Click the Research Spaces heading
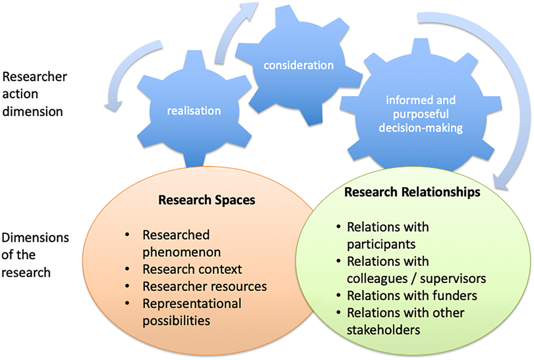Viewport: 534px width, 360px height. point(206,200)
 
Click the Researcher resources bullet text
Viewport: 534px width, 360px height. point(205,286)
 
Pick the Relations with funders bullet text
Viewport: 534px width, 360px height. point(412,295)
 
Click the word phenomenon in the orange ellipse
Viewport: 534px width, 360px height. point(182,252)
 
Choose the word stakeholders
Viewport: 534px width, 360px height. point(383,330)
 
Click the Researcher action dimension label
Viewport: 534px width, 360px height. point(33,93)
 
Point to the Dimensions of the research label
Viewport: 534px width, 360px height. point(35,255)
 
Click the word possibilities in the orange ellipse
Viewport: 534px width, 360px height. point(176,320)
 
